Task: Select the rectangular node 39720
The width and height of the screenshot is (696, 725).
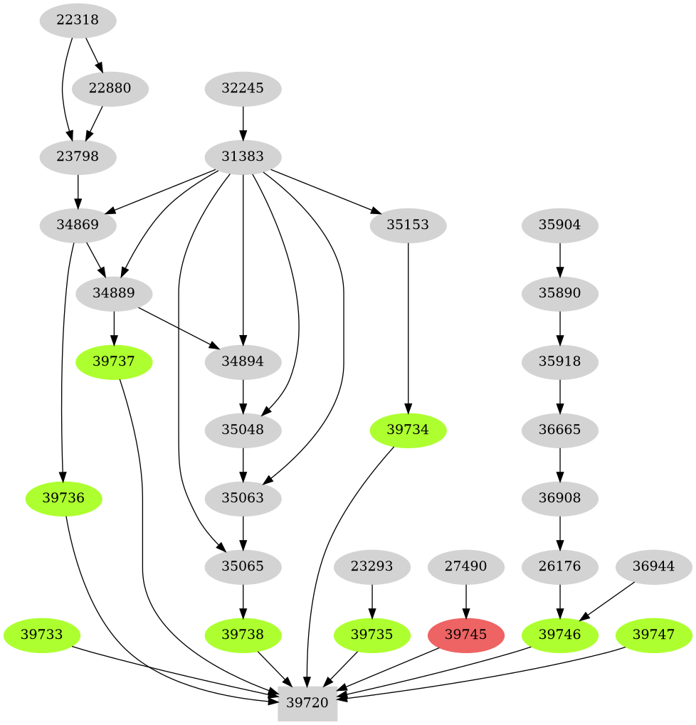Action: coord(307,702)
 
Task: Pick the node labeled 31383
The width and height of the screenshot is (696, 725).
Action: coord(243,157)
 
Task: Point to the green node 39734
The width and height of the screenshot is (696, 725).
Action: coord(408,430)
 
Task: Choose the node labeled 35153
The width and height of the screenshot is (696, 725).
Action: coord(408,226)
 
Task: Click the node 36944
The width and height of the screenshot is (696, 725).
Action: coord(653,567)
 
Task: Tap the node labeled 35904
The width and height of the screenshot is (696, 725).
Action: coord(560,226)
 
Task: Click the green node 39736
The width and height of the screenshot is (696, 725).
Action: coord(63,499)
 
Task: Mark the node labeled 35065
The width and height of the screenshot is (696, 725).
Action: coord(243,567)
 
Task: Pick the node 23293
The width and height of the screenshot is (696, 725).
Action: coord(371,567)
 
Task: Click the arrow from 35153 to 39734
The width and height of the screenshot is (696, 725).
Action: coord(408,327)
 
